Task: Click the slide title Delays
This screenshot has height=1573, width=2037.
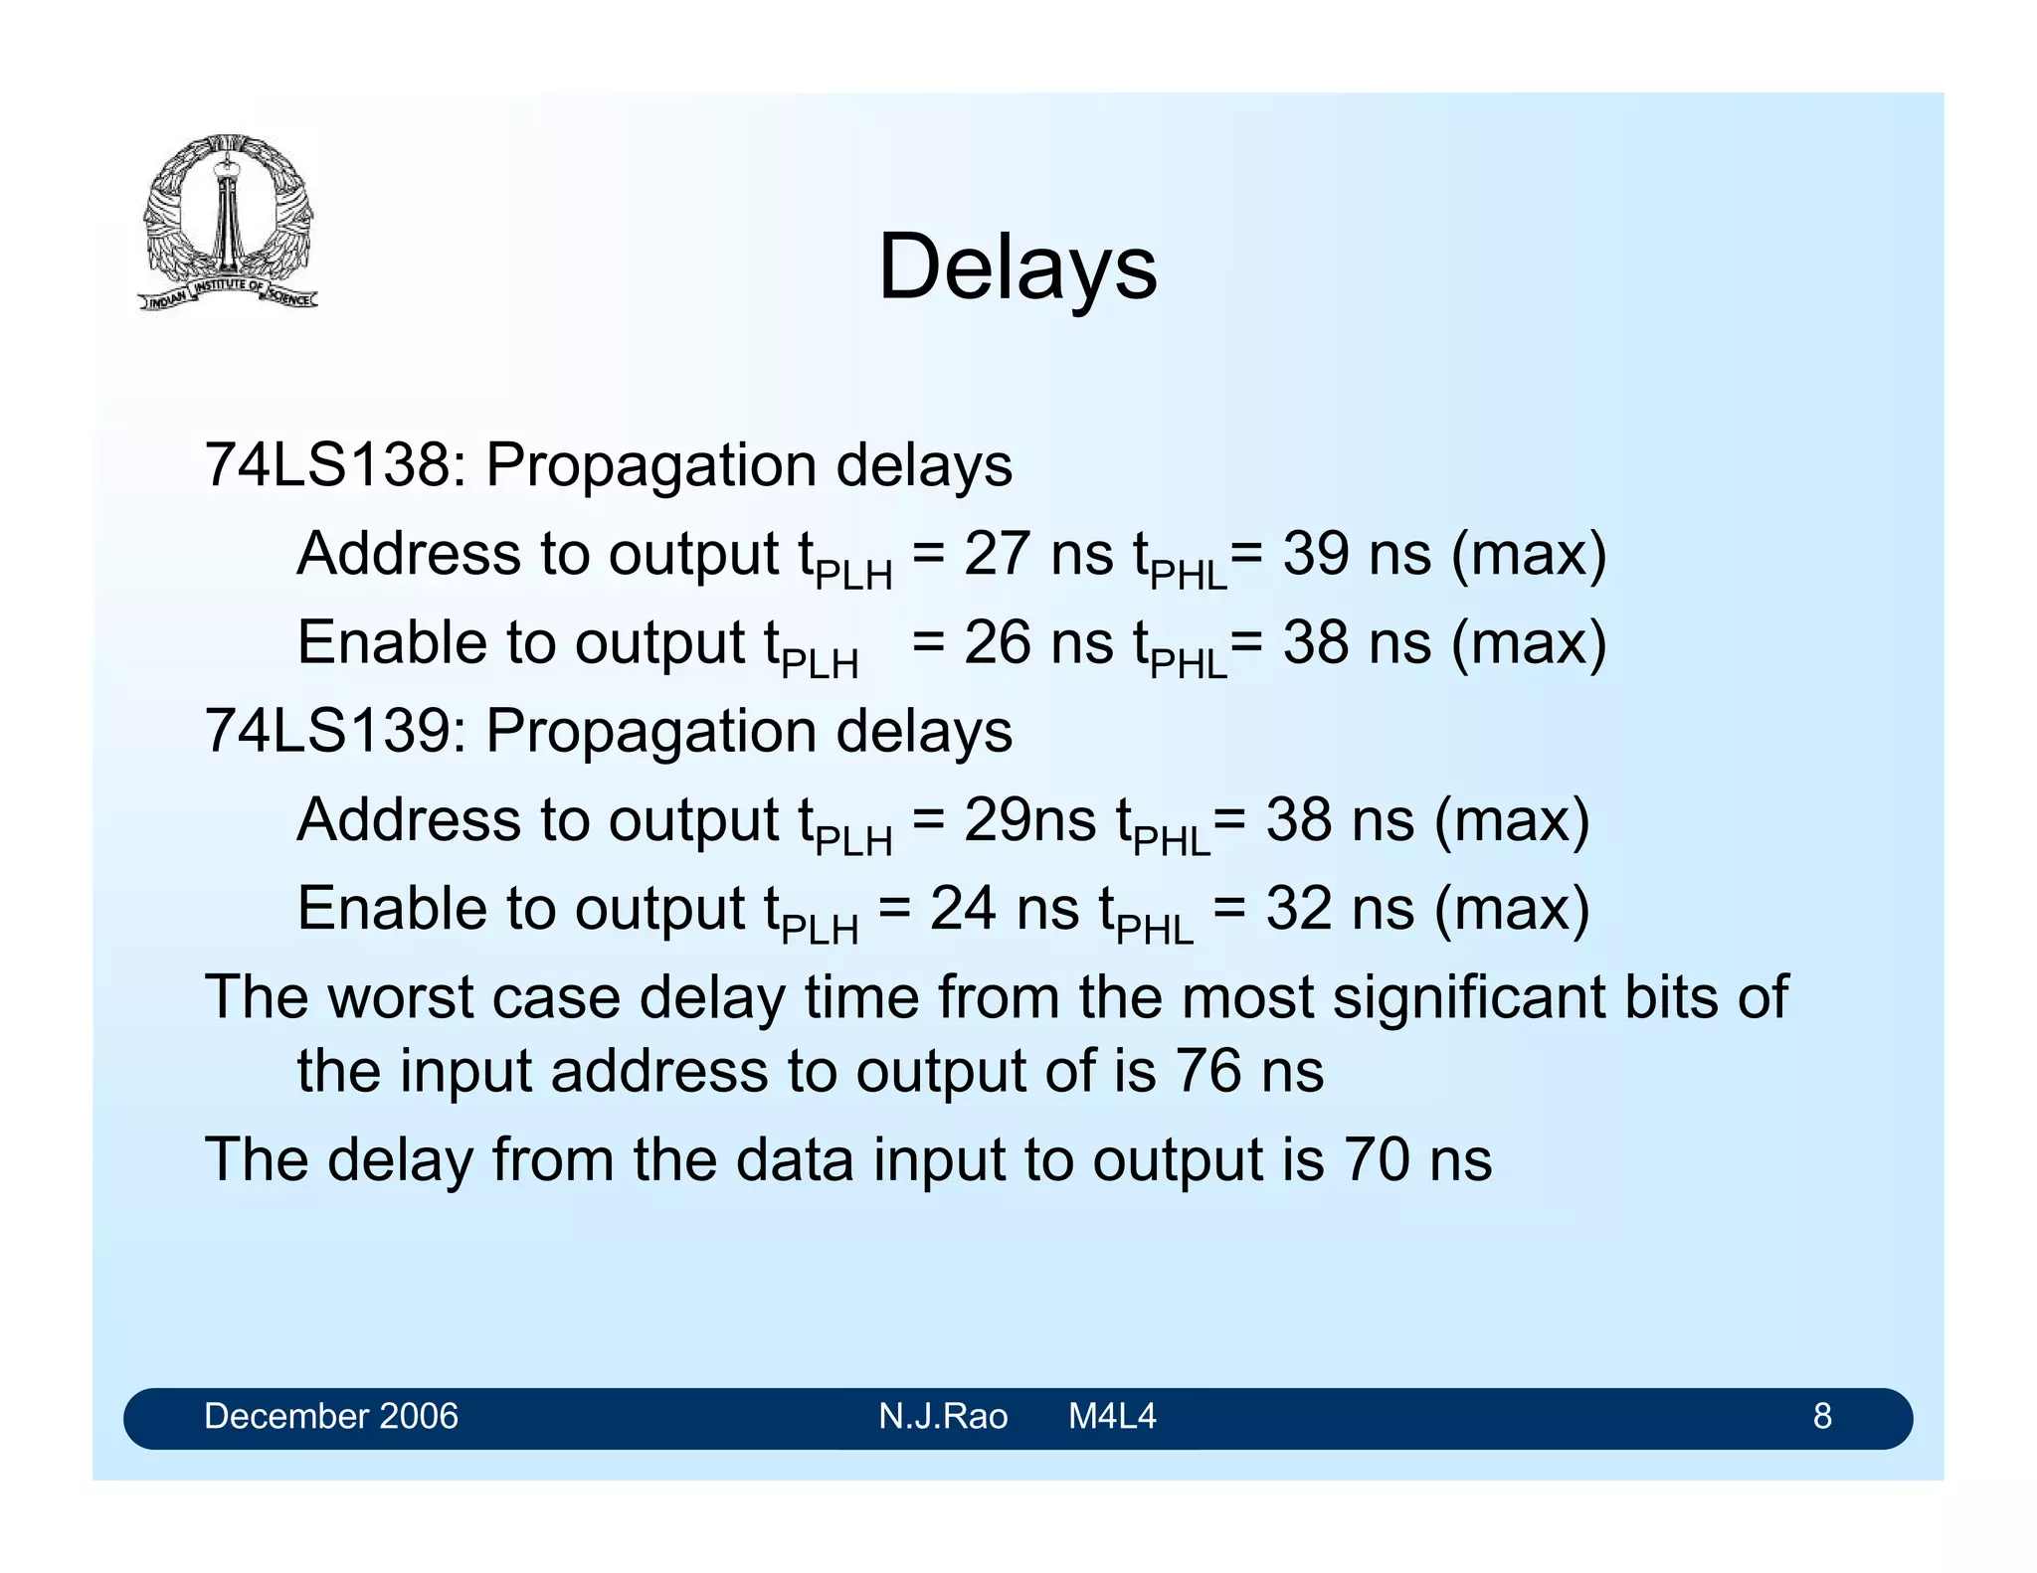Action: pos(1018,266)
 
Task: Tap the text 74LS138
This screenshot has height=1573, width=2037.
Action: pos(326,464)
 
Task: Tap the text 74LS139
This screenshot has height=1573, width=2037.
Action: pos(326,731)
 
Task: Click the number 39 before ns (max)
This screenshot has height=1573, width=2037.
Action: pos(1315,554)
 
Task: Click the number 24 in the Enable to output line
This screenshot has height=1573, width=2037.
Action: pos(962,909)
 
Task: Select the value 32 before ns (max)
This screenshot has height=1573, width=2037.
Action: pos(1298,909)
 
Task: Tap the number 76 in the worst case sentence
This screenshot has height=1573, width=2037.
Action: pos(1207,1071)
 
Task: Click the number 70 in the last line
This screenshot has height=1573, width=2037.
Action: pos(1377,1159)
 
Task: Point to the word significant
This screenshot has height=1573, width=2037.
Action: pos(1468,997)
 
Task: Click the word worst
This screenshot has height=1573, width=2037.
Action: pos(401,997)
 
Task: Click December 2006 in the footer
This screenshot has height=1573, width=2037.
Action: pos(330,1416)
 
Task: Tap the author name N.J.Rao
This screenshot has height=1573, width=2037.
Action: pos(942,1416)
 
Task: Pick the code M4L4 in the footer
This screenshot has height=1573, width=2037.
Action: pos(1111,1416)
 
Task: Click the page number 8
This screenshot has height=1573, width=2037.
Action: pos(1821,1416)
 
